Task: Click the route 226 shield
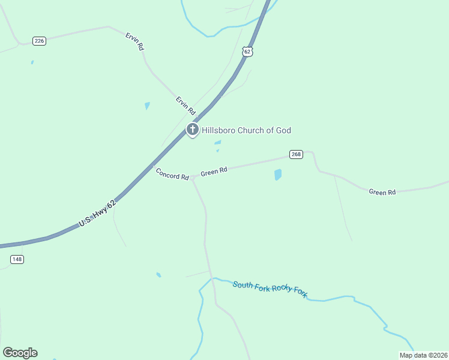click(40, 41)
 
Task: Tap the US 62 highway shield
click(248, 52)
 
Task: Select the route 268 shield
click(296, 154)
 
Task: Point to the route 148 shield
click(17, 259)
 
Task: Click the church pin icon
click(192, 130)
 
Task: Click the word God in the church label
click(283, 130)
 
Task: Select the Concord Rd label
click(172, 174)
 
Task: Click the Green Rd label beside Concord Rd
click(214, 171)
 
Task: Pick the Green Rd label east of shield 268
click(382, 193)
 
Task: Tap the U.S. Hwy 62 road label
click(97, 214)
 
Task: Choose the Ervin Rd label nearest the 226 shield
click(135, 41)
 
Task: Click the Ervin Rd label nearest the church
click(185, 106)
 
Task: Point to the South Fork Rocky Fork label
click(270, 288)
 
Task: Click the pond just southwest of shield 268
click(278, 175)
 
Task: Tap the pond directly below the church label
click(218, 143)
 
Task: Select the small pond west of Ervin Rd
click(147, 106)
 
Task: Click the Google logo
click(20, 353)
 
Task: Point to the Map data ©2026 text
click(423, 355)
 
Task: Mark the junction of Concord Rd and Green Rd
click(192, 178)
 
